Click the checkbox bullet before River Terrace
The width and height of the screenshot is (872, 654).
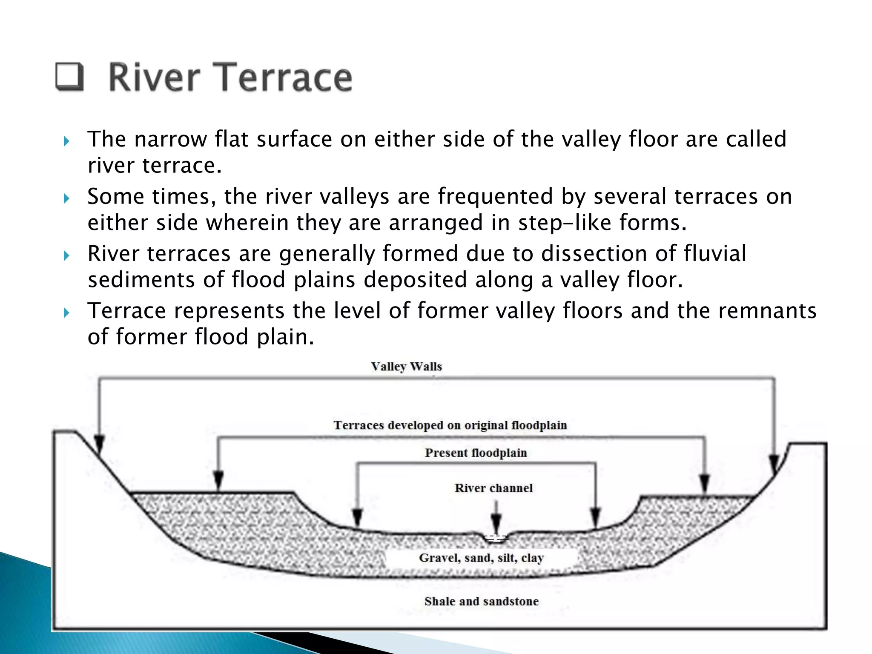pyautogui.click(x=69, y=77)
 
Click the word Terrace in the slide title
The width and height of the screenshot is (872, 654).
pyautogui.click(x=286, y=77)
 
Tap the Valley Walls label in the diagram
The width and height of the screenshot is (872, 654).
pyautogui.click(x=406, y=367)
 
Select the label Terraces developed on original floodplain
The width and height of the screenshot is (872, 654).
pyautogui.click(x=450, y=425)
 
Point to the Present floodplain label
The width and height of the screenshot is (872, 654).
pyautogui.click(x=476, y=453)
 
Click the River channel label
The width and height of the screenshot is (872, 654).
pyautogui.click(x=493, y=488)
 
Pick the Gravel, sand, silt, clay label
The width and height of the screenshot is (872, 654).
pyautogui.click(x=481, y=558)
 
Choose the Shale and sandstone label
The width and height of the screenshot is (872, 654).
pyautogui.click(x=481, y=601)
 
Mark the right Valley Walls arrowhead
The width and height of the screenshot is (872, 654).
pyautogui.click(x=774, y=463)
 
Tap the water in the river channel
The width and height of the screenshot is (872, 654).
pyautogui.click(x=496, y=538)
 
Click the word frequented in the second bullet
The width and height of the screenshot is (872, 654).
pyautogui.click(x=495, y=197)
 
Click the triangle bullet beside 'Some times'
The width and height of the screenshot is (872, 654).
pyautogui.click(x=66, y=198)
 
